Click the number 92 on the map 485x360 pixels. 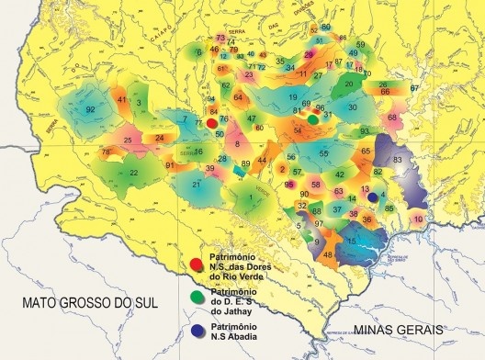[x=90, y=110]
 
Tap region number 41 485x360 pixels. [x=121, y=98]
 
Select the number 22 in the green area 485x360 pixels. [x=134, y=172]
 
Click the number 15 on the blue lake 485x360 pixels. [x=353, y=241]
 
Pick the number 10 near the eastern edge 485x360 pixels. [x=418, y=219]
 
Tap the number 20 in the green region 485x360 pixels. [x=348, y=84]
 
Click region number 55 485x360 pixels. [x=323, y=153]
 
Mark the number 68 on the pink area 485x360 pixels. [x=392, y=118]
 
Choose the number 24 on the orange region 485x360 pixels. [x=159, y=138]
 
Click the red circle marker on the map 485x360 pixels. [x=212, y=122]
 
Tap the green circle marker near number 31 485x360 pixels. [x=313, y=118]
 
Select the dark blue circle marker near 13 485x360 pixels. [x=372, y=196]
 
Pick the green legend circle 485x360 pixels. [x=195, y=297]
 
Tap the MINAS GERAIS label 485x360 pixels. [x=402, y=328]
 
